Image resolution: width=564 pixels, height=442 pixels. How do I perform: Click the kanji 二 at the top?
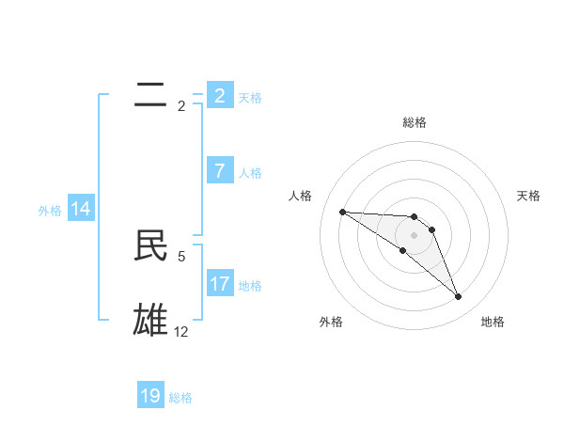[150, 95]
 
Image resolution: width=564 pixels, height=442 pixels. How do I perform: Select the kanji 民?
[150, 245]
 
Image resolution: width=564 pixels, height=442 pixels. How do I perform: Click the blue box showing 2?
[219, 95]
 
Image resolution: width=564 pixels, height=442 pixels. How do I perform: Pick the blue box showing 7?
[219, 170]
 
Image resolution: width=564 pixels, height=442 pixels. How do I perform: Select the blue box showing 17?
[219, 283]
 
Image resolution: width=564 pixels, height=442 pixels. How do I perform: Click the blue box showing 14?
[80, 209]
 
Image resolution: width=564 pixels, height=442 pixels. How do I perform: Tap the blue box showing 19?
[150, 396]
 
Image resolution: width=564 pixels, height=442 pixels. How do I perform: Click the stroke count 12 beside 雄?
[181, 331]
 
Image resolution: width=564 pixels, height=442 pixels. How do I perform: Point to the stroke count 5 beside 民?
[181, 255]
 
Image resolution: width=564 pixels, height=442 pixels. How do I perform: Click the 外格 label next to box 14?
[50, 211]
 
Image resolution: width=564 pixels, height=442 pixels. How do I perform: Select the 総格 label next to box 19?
[180, 398]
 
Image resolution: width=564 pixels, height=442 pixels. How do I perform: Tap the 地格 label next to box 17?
[250, 285]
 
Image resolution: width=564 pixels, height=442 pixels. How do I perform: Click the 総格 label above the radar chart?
[415, 122]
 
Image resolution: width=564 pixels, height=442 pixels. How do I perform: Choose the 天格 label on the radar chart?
[529, 196]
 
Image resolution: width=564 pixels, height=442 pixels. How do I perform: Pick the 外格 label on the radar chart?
[331, 322]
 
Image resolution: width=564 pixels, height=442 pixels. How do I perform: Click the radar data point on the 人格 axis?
[342, 212]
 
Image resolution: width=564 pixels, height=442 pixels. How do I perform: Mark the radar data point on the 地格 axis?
[458, 297]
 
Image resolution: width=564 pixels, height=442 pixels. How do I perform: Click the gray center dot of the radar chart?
[415, 234]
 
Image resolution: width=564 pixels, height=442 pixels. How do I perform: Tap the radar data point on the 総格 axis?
[415, 217]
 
